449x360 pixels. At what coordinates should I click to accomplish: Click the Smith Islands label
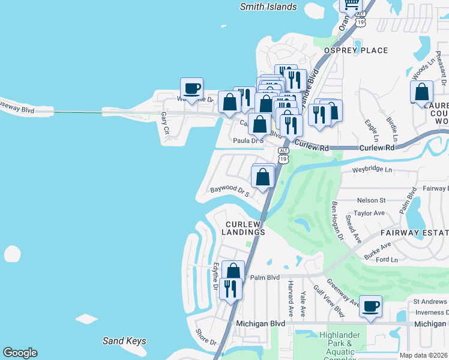(x=268, y=7)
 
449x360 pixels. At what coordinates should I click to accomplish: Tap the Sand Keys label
(x=124, y=341)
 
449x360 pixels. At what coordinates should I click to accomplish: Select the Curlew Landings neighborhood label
(x=245, y=228)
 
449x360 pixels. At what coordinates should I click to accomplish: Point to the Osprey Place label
(x=356, y=50)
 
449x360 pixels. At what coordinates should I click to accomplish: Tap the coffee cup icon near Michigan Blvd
(x=370, y=307)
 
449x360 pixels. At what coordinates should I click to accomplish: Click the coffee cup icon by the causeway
(x=191, y=89)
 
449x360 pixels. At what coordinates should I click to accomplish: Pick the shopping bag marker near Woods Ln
(x=422, y=92)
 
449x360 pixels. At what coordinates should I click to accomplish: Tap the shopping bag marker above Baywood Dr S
(x=262, y=176)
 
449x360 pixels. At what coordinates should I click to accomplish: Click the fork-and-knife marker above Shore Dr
(x=231, y=289)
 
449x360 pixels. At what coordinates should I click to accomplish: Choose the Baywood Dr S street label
(x=229, y=191)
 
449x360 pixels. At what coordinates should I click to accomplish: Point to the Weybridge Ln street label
(x=372, y=170)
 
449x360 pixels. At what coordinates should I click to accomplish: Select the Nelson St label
(x=371, y=200)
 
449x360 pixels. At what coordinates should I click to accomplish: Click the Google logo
(x=20, y=353)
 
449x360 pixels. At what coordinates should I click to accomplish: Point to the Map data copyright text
(x=424, y=355)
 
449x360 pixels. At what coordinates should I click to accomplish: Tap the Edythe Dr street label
(x=215, y=276)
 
